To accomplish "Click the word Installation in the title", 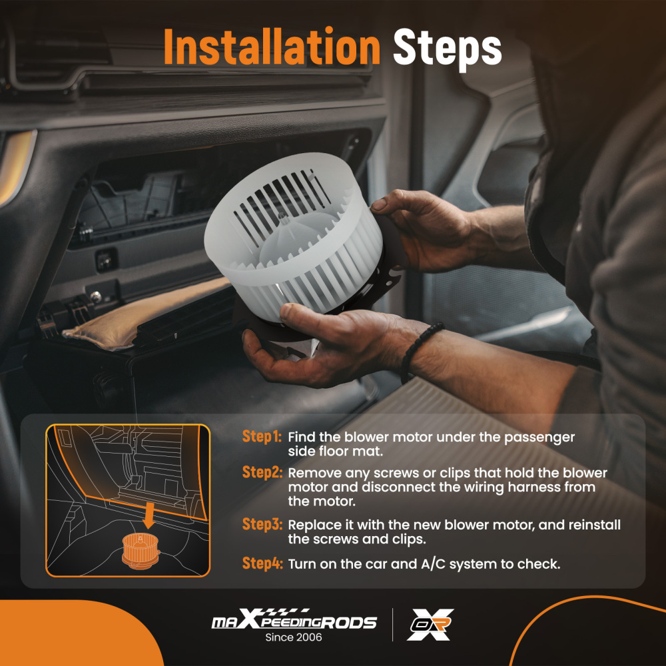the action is click(272, 47).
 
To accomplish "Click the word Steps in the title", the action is click(448, 49).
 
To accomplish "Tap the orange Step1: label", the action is click(262, 436).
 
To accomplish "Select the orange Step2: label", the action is click(262, 472).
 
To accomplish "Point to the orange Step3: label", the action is click(262, 524).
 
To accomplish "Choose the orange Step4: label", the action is click(262, 563).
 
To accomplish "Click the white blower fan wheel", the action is click(293, 238).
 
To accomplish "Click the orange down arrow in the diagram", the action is click(149, 515).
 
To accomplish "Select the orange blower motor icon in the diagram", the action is click(141, 551).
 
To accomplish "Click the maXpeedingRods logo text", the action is click(294, 619).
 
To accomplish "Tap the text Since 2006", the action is click(294, 637).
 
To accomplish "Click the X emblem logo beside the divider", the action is click(430, 624).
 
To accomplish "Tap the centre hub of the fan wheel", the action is click(283, 218).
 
